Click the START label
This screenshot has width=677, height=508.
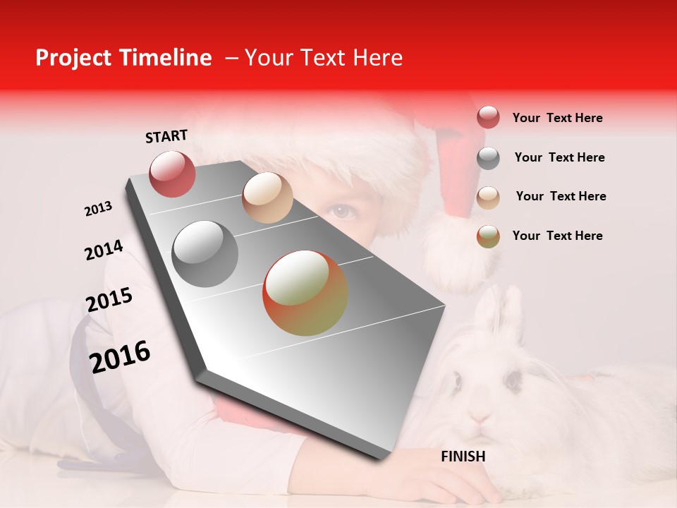coord(166,136)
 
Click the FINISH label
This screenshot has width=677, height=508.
coord(463,456)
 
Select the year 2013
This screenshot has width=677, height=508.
coord(99,209)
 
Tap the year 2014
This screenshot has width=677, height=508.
coord(104,250)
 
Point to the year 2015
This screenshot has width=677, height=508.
coord(109,301)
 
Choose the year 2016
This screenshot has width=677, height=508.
coord(120,356)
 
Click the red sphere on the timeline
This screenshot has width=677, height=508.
coord(173,174)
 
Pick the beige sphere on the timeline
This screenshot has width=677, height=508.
coord(267,198)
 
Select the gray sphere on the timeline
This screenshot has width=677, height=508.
coord(205,254)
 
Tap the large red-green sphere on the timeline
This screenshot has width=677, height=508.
coord(305,293)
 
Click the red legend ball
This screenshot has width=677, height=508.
coord(488,118)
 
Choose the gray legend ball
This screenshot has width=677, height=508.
coord(488,158)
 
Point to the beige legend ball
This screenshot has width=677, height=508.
coord(488,198)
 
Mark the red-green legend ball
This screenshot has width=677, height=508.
coord(488,236)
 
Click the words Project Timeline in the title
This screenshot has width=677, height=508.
coord(123,58)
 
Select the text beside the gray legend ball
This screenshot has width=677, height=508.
coord(559,157)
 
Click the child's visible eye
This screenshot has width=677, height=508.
coord(342,210)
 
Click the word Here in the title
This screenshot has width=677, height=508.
coord(377,58)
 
